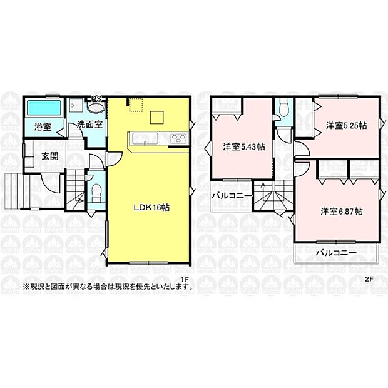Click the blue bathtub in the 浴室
pyautogui.click(x=44, y=108)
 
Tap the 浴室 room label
pyautogui.click(x=43, y=127)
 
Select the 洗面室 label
pyautogui.click(x=89, y=125)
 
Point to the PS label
pyautogui.click(x=96, y=99)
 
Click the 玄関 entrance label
pyautogui.click(x=50, y=156)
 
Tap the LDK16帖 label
pyautogui.click(x=151, y=207)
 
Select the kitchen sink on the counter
pyautogui.click(x=145, y=138)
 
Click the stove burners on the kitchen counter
pyautogui.click(x=179, y=138)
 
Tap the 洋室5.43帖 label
pyautogui.click(x=244, y=147)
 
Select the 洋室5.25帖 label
pyautogui.click(x=347, y=126)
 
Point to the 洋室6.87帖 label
pyautogui.click(x=342, y=212)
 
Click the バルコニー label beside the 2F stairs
pyautogui.click(x=232, y=196)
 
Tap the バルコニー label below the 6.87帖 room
pyautogui.click(x=337, y=253)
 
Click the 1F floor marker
pyautogui.click(x=185, y=280)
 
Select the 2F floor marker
pyautogui.click(x=369, y=279)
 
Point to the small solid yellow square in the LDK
pyautogui.click(x=157, y=117)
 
